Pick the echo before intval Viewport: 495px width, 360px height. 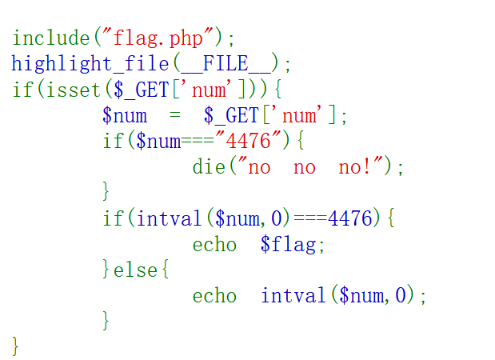214,296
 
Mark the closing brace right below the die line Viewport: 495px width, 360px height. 106,193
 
